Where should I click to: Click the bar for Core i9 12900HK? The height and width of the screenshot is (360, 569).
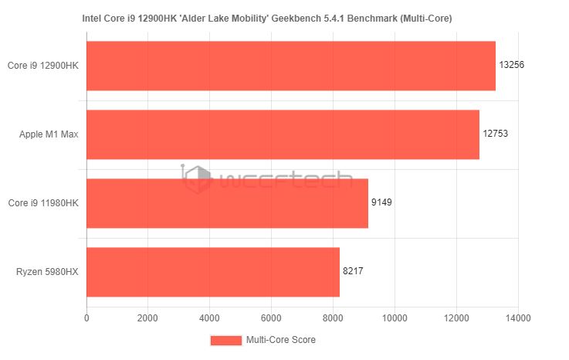pos(290,66)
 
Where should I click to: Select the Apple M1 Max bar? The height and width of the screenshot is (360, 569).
pos(283,134)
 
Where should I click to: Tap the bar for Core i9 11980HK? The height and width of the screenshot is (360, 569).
pos(227,203)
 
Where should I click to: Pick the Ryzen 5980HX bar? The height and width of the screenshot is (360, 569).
pos(213,272)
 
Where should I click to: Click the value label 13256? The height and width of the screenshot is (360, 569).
pos(512,65)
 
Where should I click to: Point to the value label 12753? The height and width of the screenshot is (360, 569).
pos(496,134)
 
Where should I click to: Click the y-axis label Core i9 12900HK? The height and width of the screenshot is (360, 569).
pos(43,66)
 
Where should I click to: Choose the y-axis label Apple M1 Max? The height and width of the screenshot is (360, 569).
pos(49,134)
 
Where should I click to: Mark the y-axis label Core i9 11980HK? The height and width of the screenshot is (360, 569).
pos(43,203)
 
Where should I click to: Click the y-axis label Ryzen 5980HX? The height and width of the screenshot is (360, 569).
pos(47,272)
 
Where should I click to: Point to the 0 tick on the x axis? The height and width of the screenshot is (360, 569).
pos(86,317)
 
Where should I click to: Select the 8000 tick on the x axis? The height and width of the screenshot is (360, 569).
pos(333,317)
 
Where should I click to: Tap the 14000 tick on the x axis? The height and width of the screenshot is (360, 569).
pos(518,317)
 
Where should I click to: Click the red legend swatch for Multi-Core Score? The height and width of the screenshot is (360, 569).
pos(225,340)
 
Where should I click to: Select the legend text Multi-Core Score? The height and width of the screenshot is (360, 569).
pos(280,340)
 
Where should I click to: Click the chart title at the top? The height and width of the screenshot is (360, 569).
pos(267,17)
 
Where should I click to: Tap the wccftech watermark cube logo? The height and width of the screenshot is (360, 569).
pos(197,180)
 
